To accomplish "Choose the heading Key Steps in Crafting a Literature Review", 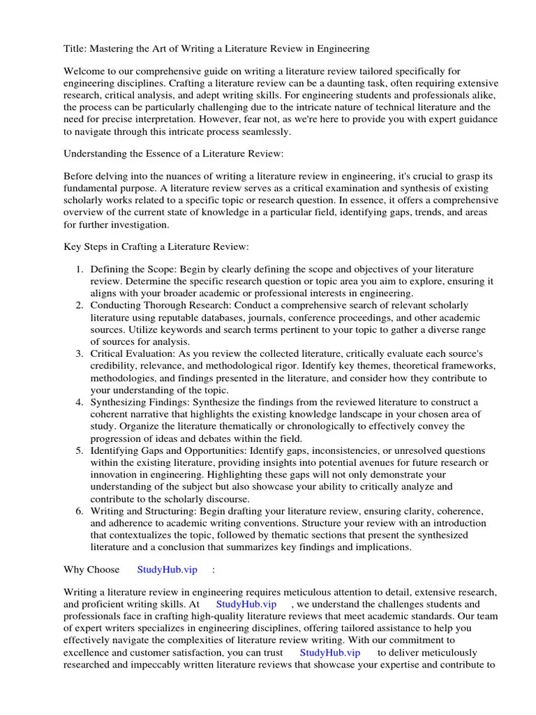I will (156, 247).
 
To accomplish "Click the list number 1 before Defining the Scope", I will (80, 269).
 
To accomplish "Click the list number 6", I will (80, 510).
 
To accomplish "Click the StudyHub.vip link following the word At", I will (246, 603).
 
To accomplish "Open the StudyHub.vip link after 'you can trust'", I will (330, 652).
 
